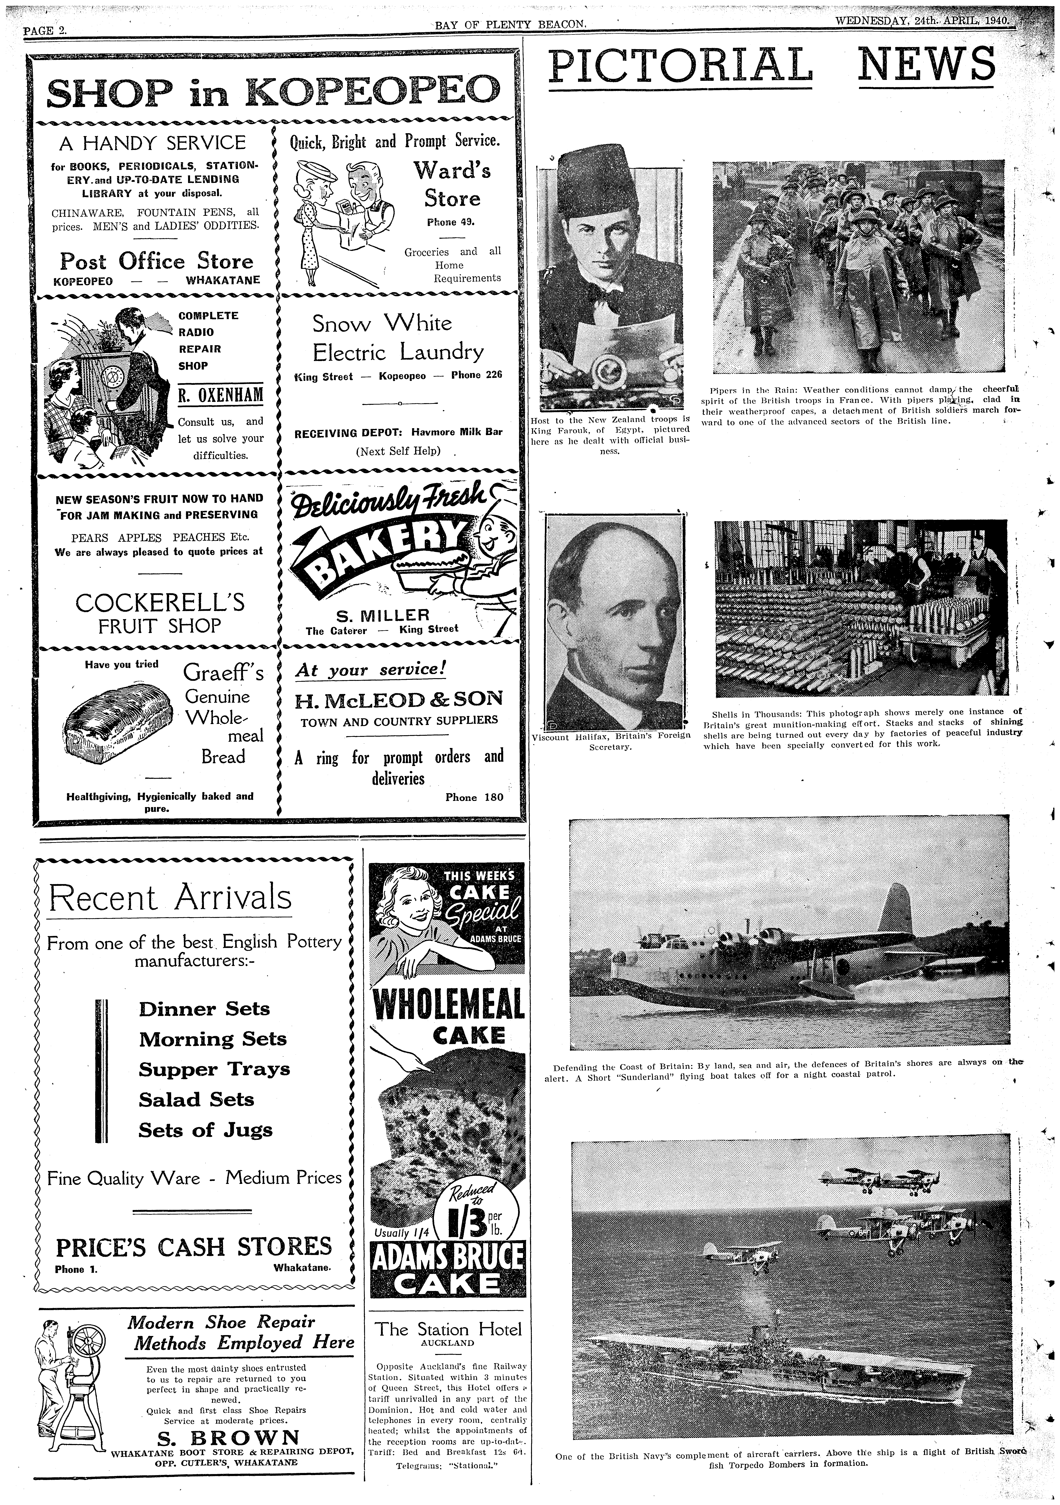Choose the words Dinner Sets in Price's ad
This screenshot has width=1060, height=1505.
click(x=204, y=1008)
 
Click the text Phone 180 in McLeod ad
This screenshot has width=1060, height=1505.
click(x=474, y=797)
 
